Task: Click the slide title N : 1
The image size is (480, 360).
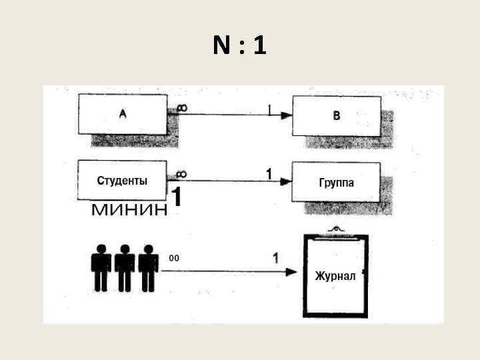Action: (240, 45)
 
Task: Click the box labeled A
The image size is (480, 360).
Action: (123, 114)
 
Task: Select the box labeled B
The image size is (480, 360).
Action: (337, 115)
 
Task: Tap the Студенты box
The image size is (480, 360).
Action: (123, 180)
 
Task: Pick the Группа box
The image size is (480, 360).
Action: (337, 181)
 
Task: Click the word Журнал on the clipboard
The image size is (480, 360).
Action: (335, 276)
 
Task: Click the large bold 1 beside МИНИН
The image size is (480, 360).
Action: (177, 197)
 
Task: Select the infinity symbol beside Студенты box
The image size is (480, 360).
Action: (181, 174)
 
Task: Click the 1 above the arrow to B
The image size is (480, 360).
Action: (270, 109)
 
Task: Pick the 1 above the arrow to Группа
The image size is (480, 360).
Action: (269, 174)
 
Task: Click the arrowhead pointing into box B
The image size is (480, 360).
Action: (286, 115)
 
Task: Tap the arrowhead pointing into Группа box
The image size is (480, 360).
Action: (286, 181)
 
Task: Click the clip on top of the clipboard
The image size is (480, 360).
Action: (337, 230)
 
